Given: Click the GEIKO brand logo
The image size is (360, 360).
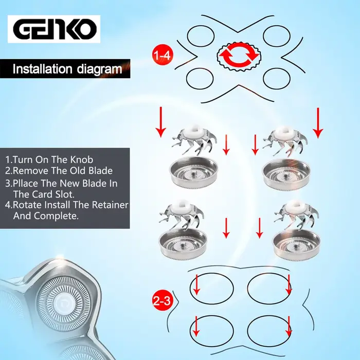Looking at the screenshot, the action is pyautogui.click(x=54, y=29).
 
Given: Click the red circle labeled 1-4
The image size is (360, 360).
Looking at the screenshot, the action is pyautogui.click(x=163, y=55).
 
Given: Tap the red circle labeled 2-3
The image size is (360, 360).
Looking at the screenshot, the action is pyautogui.click(x=163, y=300).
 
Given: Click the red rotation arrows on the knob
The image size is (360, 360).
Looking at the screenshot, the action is pyautogui.click(x=239, y=56).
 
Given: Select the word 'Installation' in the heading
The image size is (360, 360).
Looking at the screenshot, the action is pyautogui.click(x=42, y=68).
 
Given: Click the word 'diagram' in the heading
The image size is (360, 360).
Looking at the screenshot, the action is pyautogui.click(x=99, y=69).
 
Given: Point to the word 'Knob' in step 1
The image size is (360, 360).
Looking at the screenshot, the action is pyautogui.click(x=82, y=159).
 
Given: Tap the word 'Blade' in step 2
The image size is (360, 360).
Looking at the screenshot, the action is pyautogui.click(x=101, y=171).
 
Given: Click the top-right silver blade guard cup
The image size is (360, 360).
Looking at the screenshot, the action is pyautogui.click(x=286, y=174).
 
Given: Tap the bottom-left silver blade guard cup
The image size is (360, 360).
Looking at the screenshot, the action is pyautogui.click(x=183, y=244).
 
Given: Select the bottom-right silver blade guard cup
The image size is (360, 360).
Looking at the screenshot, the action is pyautogui.click(x=296, y=245).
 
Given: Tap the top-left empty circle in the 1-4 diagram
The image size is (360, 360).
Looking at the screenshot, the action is pyautogui.click(x=201, y=36).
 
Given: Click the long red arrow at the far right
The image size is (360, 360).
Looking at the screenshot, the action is pyautogui.click(x=318, y=123).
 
